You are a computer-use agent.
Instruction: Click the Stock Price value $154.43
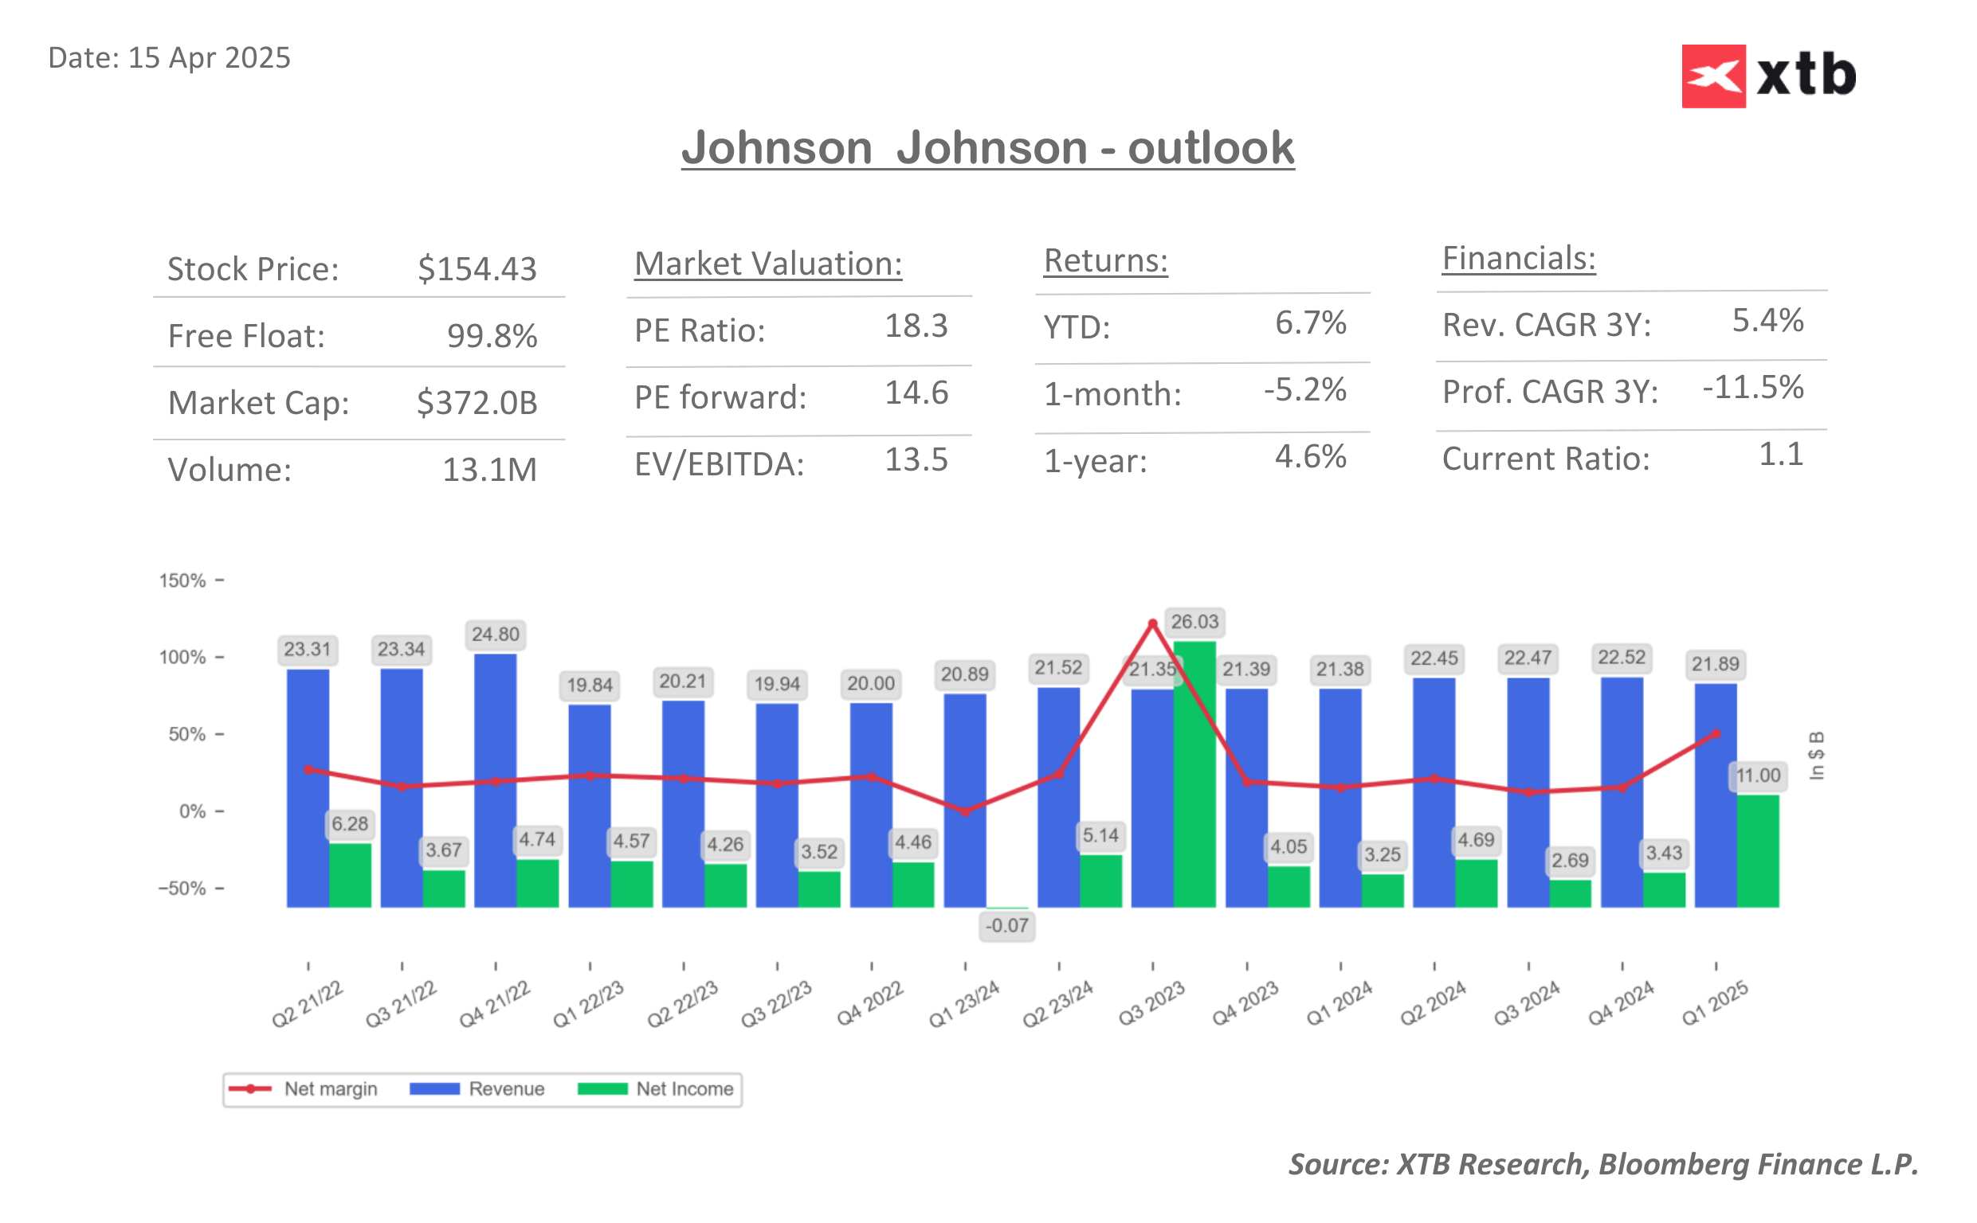477,269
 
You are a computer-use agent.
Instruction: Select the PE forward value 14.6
916,393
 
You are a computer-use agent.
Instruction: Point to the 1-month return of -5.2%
1304,390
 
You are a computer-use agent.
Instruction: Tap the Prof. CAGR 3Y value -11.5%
1752,388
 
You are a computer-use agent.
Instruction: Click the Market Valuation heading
767,264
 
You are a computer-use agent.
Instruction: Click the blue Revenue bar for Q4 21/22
495,780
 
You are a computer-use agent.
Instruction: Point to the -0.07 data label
1006,925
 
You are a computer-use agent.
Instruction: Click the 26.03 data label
1194,622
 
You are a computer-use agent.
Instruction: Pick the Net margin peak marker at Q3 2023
1152,623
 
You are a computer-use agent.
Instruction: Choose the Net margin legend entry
303,1088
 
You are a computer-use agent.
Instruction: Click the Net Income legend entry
656,1088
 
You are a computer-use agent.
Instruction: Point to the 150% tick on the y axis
183,580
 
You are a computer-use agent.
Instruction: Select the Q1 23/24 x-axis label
963,1004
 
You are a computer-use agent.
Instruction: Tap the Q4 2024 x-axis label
1619,1004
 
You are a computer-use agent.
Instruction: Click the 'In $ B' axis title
1816,756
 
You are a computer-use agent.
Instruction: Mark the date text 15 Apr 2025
209,58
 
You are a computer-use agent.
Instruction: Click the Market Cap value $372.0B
477,403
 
